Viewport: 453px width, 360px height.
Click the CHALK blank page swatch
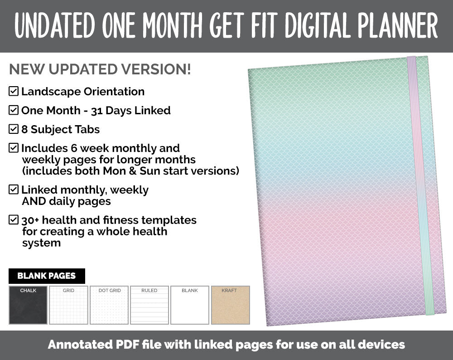click(28, 305)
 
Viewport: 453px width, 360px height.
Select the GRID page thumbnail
click(68, 305)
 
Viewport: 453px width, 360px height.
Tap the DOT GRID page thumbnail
click(109, 305)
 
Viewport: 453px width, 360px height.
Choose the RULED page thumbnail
click(149, 305)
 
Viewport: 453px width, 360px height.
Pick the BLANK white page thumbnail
click(190, 305)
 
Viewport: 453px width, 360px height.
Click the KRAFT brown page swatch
click(230, 305)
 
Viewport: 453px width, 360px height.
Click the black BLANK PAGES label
click(47, 276)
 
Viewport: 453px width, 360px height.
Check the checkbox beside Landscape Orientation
click(14, 91)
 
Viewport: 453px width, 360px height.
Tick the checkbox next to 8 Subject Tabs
click(14, 129)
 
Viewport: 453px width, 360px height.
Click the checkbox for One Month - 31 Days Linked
click(14, 110)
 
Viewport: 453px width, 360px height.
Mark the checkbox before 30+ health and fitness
click(14, 220)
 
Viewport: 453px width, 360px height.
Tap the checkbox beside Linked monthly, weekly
click(14, 190)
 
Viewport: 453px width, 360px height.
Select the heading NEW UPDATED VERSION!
click(100, 69)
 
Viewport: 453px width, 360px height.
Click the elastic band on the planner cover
click(420, 186)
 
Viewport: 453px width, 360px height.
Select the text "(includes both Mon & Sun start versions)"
click(130, 171)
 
